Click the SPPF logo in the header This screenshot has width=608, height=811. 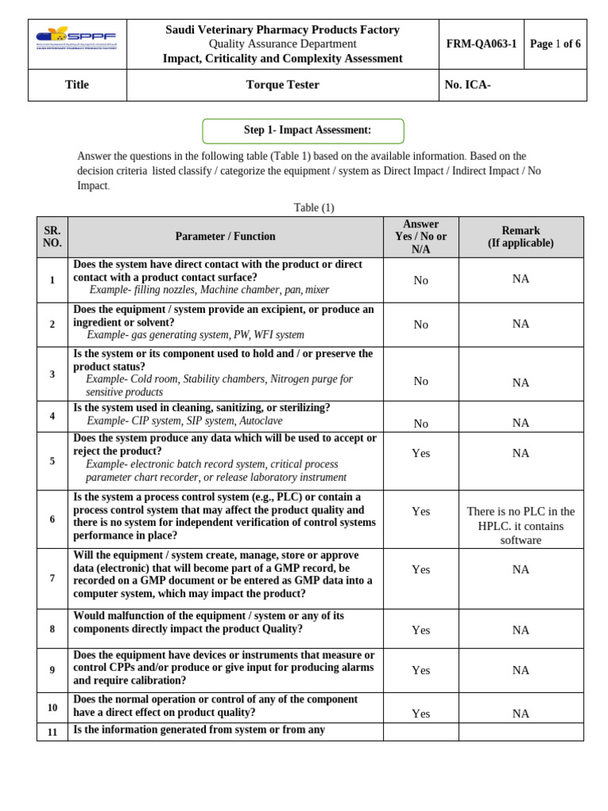[77, 38]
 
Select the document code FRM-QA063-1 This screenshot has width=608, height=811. [481, 44]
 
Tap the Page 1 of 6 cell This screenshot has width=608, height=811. [555, 44]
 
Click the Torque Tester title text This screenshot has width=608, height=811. [283, 85]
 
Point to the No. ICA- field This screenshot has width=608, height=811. [468, 85]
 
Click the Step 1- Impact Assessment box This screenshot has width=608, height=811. [303, 131]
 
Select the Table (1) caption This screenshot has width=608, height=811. [314, 208]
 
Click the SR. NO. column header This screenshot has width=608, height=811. [52, 237]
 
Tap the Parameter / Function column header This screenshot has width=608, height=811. [226, 237]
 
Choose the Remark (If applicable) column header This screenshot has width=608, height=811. [520, 237]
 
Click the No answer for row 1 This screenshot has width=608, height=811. [420, 280]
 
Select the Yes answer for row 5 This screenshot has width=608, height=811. [420, 453]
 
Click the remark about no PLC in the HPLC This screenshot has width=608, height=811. [520, 525]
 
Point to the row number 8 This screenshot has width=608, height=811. [52, 630]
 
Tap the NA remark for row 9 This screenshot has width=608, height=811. [520, 670]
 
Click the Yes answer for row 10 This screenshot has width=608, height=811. [420, 714]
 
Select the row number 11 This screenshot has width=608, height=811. [52, 732]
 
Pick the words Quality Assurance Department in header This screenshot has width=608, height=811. [283, 44]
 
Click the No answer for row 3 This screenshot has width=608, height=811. [420, 382]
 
